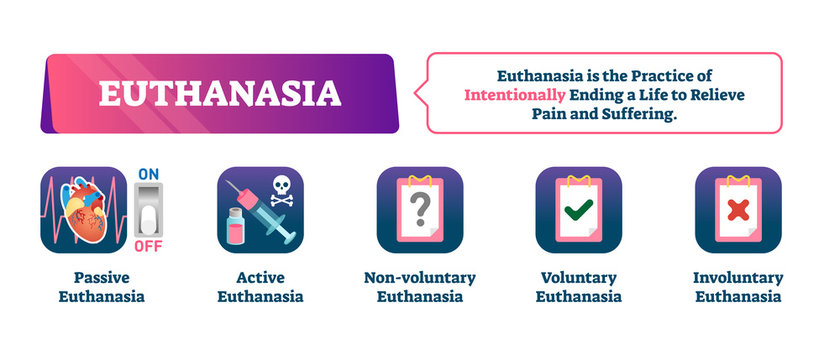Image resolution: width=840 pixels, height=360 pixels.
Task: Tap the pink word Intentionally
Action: (514, 94)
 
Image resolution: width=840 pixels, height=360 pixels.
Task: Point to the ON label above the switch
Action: (147, 173)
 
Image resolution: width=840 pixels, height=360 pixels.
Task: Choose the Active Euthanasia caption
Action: (259, 286)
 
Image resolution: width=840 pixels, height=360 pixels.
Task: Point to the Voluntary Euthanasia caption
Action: (578, 286)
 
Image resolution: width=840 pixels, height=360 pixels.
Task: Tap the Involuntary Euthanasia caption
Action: (737, 286)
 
